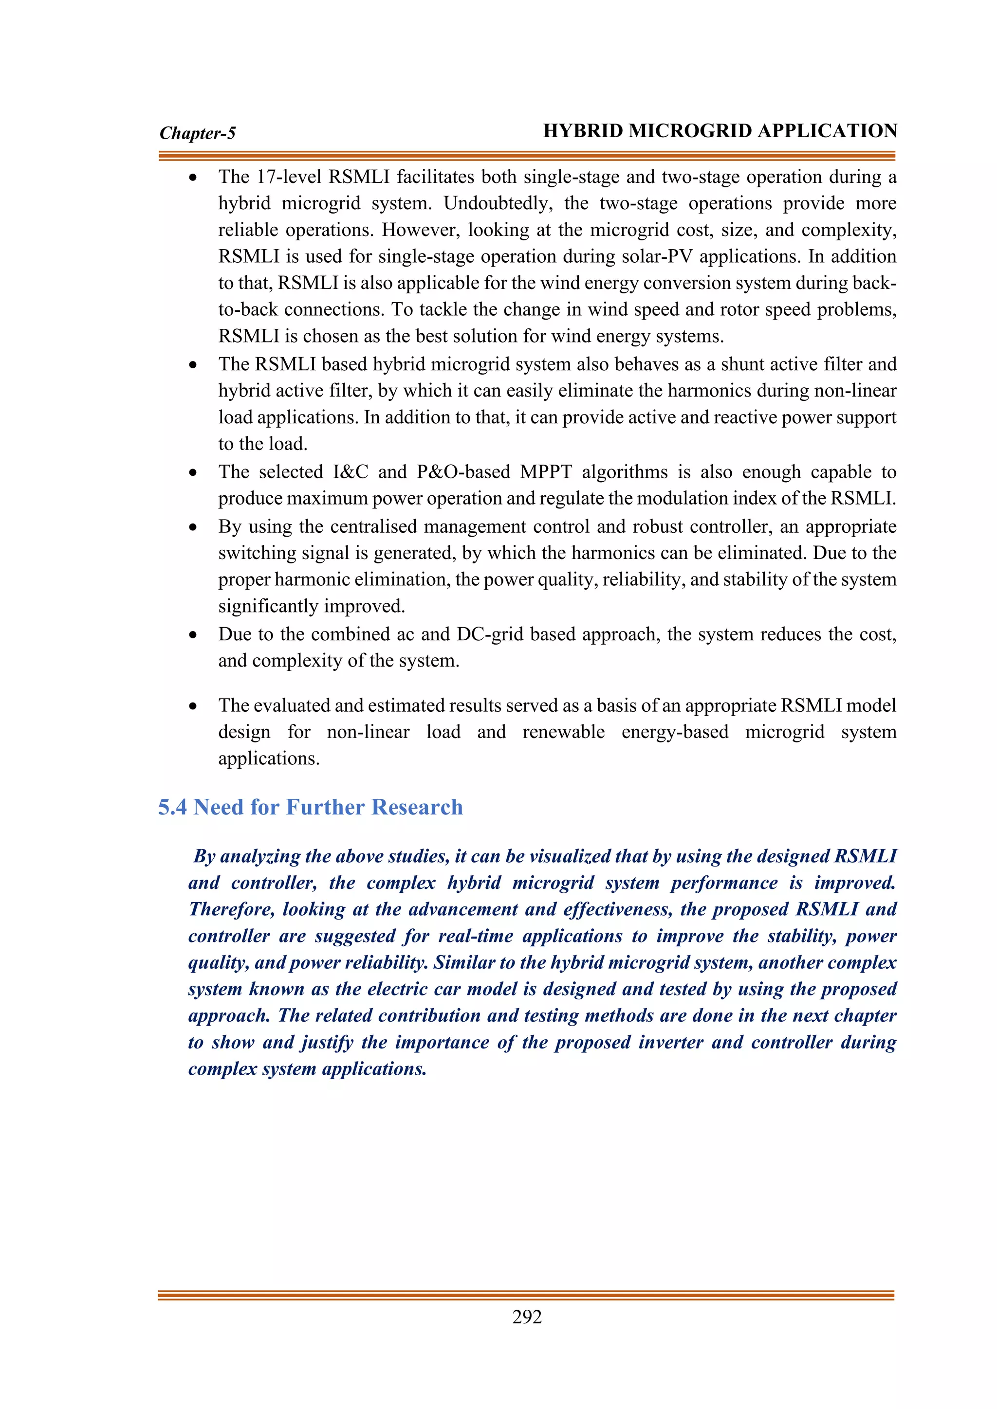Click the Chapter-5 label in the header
[x=197, y=133]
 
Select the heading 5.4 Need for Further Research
[x=310, y=807]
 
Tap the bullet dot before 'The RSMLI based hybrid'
[x=193, y=365]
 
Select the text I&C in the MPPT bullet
[x=351, y=472]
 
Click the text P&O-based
[x=463, y=472]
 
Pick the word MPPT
[x=546, y=472]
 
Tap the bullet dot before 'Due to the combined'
[x=193, y=635]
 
